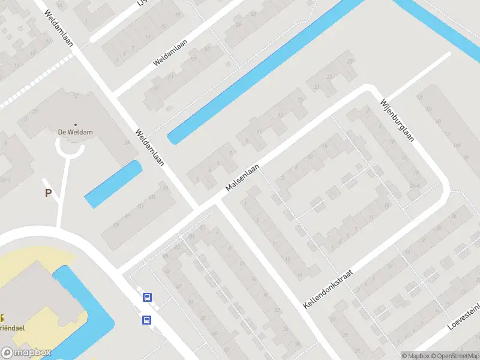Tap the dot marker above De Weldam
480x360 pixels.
(75, 125)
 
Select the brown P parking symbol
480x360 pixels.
(48, 193)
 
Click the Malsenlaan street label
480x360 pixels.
(242, 178)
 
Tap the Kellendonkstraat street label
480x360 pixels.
(327, 289)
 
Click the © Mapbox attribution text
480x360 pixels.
(415, 356)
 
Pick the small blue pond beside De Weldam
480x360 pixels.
(113, 184)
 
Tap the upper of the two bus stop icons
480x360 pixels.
(147, 296)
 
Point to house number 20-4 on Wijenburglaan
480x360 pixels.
(414, 186)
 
